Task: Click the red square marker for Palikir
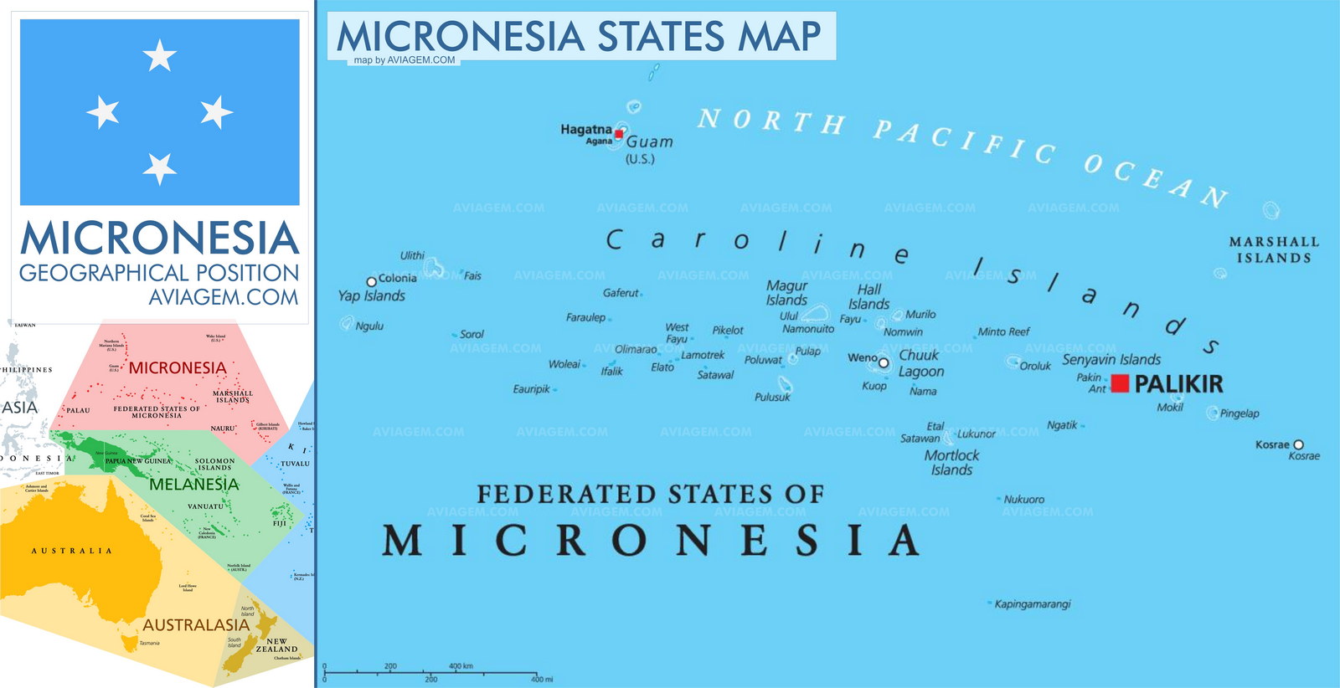click(x=1120, y=383)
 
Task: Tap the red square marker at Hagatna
click(x=619, y=134)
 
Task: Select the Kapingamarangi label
click(x=1032, y=603)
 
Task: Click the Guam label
click(x=649, y=142)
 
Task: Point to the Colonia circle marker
click(x=372, y=282)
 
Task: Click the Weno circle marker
click(x=883, y=362)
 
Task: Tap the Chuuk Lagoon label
click(x=920, y=363)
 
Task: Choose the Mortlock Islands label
click(x=951, y=462)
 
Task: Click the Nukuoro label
click(x=1023, y=500)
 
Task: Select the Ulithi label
click(x=412, y=255)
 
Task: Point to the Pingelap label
click(x=1239, y=413)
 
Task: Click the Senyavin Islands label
click(x=1111, y=360)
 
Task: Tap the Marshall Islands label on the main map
click(x=1274, y=249)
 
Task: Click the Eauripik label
click(x=531, y=389)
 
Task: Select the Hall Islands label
click(x=868, y=296)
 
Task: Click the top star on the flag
click(x=159, y=56)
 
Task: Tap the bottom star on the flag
click(x=159, y=168)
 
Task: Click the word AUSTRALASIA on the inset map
click(x=196, y=625)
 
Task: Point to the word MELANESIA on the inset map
click(x=193, y=485)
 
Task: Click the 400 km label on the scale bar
click(x=461, y=666)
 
